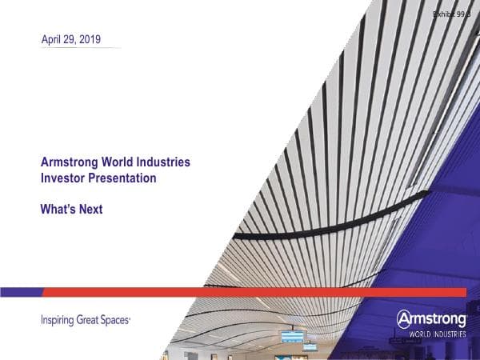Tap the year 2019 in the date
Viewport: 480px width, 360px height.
90,38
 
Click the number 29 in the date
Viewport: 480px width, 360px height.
70,38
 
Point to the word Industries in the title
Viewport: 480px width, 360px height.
164,162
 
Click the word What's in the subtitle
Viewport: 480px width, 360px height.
58,210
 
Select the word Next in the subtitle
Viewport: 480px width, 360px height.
90,210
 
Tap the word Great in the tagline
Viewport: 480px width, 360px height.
90,321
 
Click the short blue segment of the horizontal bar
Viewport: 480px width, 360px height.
21,292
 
